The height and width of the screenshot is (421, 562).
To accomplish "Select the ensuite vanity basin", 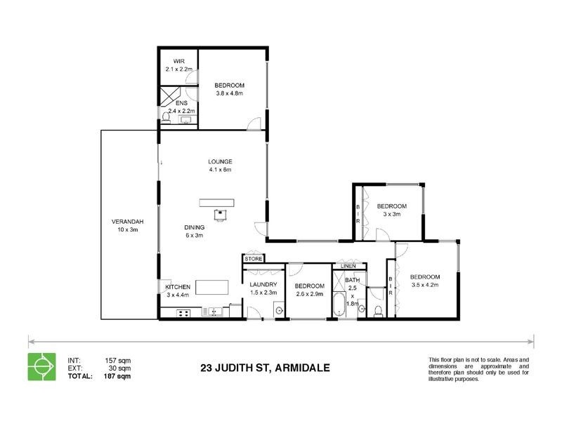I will pyautogui.click(x=186, y=121).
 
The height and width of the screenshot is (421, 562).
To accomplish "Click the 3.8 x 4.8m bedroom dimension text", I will pyautogui.click(x=229, y=93).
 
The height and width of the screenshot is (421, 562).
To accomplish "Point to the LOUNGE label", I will pyautogui.click(x=219, y=161).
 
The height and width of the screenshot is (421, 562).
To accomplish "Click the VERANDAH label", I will pyautogui.click(x=126, y=222).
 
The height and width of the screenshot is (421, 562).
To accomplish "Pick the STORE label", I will pyautogui.click(x=254, y=259).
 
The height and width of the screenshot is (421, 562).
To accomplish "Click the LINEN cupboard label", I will pyautogui.click(x=348, y=267).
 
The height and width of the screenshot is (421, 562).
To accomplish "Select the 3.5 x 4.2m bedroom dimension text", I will pyautogui.click(x=425, y=285).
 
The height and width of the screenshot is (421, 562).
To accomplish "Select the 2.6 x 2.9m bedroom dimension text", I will pyautogui.click(x=309, y=294).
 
